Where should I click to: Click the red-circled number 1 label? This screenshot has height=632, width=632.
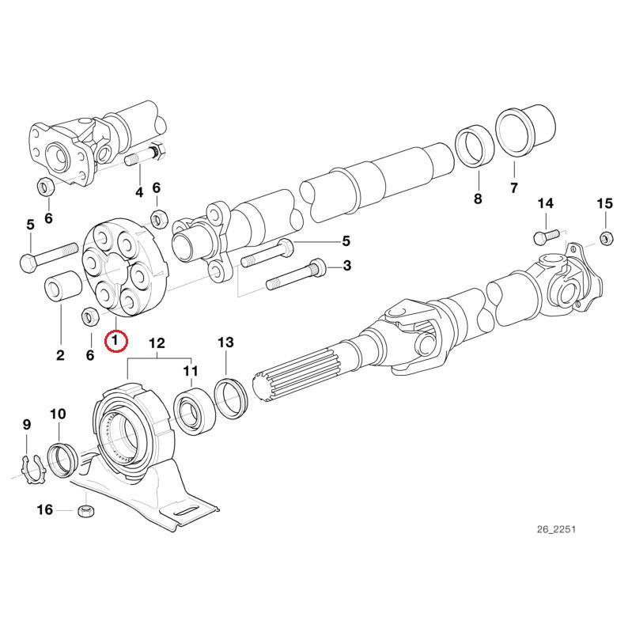coord(116,342)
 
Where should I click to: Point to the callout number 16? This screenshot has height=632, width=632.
coord(45,510)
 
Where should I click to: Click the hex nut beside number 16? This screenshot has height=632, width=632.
coord(86,511)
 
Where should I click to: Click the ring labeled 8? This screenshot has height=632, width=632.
coord(473,145)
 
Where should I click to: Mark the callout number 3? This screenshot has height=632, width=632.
coord(346,266)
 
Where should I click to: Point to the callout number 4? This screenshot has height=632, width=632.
coord(139,192)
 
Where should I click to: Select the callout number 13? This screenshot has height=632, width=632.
coord(225,342)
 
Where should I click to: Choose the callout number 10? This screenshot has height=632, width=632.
coord(59,414)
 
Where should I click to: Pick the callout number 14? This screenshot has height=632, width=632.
coord(546,204)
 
